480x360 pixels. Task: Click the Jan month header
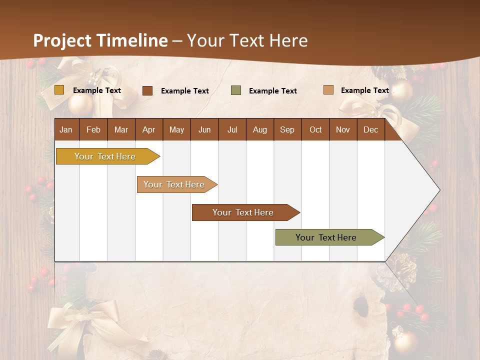[x=66, y=129]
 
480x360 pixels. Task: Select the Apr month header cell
[x=149, y=129]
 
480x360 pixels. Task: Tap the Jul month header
[x=232, y=129]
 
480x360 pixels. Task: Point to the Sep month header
[x=287, y=129]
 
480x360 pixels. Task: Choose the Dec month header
[x=370, y=129]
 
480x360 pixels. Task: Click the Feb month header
[x=93, y=129]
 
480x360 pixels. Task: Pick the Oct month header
[x=315, y=129]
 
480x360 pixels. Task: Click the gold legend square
[x=59, y=90]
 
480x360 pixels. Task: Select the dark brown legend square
[x=147, y=90]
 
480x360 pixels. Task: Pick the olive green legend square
[x=236, y=90]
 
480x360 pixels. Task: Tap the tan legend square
[x=328, y=90]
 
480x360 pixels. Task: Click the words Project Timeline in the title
[x=100, y=40]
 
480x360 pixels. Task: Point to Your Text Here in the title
[x=247, y=40]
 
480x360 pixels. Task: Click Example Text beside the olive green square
[x=272, y=91]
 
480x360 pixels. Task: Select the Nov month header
[x=343, y=129]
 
